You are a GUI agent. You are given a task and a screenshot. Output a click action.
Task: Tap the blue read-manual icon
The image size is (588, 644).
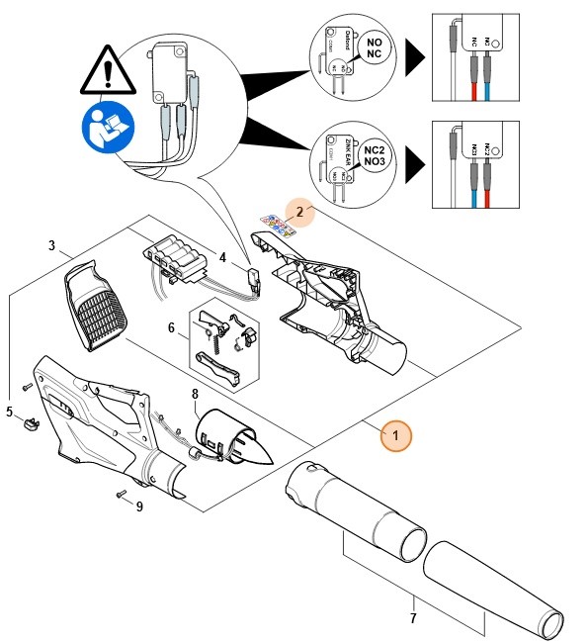click(x=102, y=130)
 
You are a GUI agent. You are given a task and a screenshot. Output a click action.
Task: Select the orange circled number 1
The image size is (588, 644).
click(x=395, y=434)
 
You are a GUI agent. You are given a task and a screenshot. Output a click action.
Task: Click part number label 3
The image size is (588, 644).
click(x=50, y=244)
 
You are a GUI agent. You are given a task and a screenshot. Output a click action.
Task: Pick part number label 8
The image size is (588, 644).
click(x=195, y=394)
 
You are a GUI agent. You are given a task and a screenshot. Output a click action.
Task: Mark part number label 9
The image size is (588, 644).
click(x=139, y=507)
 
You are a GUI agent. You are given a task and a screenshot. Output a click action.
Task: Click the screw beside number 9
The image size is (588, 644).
click(x=121, y=493)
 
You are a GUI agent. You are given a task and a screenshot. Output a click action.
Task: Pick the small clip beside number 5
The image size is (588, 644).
click(x=31, y=424)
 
